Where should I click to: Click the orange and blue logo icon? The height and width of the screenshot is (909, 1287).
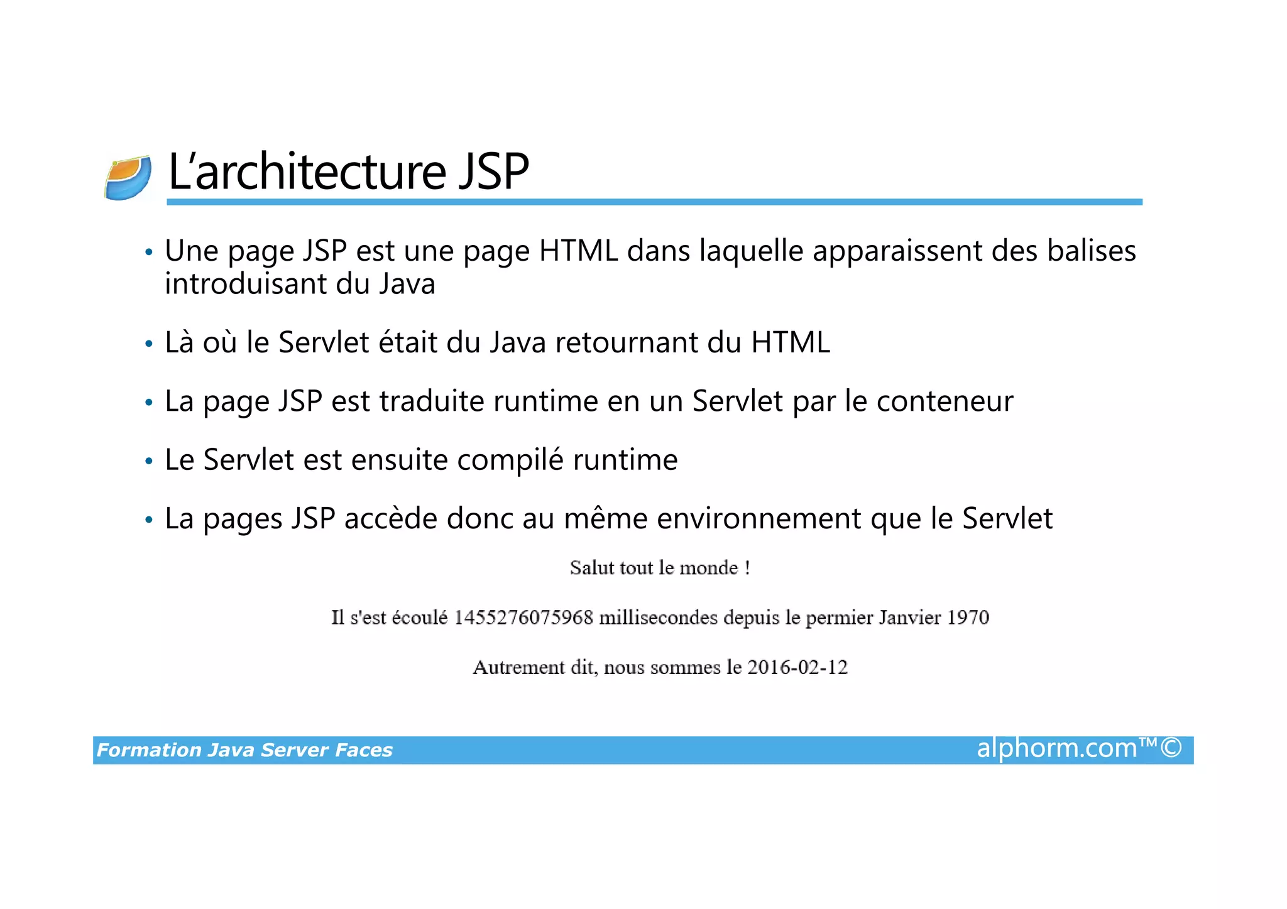coord(128,178)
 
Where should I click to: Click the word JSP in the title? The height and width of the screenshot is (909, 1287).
coord(493,171)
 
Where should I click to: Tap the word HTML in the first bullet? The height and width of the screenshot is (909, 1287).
coord(578,251)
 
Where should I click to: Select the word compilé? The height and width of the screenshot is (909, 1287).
coord(510,460)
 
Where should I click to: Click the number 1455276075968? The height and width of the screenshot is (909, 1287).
coord(523,618)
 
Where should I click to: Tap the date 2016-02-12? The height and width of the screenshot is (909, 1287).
coord(797,667)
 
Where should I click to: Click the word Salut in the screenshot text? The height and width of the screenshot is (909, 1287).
coord(591,569)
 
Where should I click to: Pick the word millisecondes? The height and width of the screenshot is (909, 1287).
coord(658,618)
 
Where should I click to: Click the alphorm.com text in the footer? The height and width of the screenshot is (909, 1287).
coord(1056,749)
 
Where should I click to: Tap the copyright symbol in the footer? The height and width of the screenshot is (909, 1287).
coord(1171,749)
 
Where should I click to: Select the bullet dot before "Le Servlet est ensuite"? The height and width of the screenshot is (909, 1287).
coord(148,462)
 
